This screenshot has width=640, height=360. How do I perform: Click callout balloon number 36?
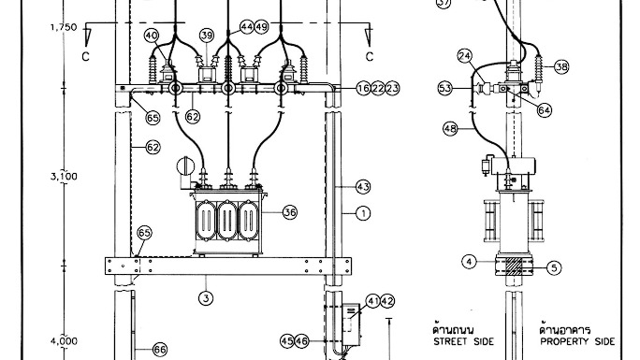pos(290,212)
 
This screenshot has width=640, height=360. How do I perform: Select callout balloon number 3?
pos(206,298)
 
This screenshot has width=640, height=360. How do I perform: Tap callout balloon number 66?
pos(160,350)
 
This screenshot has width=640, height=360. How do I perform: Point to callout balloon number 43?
pos(363,187)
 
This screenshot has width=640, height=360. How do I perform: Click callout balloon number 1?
pos(363,213)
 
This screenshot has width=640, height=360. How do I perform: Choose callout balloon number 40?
pos(152,36)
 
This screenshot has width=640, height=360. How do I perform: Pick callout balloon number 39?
pos(207,36)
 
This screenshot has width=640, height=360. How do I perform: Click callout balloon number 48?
pos(450,129)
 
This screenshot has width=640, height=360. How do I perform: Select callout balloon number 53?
pos(445,88)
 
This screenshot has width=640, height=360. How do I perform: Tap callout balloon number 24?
pos(465,56)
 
